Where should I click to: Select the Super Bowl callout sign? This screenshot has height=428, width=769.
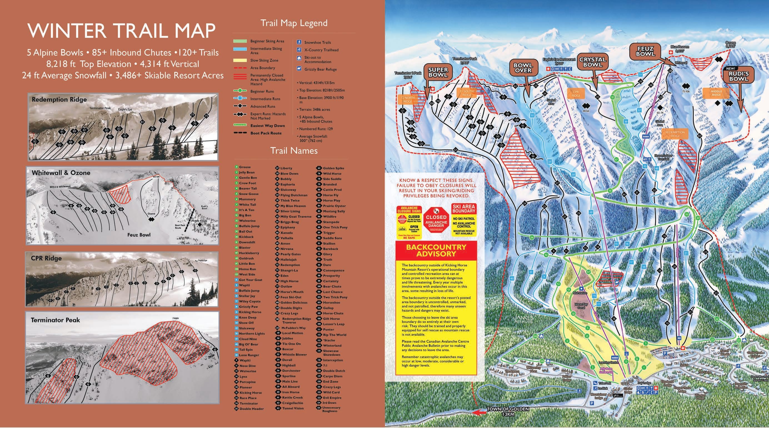[438, 72]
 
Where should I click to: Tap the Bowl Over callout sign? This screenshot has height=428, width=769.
[523, 68]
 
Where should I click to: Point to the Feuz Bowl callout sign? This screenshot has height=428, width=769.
[645, 51]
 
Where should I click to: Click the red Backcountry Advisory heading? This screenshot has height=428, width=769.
[436, 251]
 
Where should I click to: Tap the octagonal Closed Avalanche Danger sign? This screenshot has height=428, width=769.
[436, 221]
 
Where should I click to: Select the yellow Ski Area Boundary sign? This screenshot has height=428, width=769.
[464, 220]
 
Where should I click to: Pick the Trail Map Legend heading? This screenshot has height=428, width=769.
[294, 23]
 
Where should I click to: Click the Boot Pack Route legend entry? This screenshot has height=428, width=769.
[266, 133]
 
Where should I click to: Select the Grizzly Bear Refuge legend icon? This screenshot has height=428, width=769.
[299, 69]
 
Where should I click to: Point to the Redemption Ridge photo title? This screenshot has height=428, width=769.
[59, 99]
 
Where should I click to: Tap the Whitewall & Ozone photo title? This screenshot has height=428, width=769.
[61, 172]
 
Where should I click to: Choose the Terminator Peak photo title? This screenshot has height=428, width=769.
[55, 320]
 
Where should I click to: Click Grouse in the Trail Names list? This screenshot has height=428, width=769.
[244, 167]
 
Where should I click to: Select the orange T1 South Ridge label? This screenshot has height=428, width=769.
[466, 93]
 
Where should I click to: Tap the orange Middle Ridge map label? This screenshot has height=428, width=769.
[716, 93]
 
